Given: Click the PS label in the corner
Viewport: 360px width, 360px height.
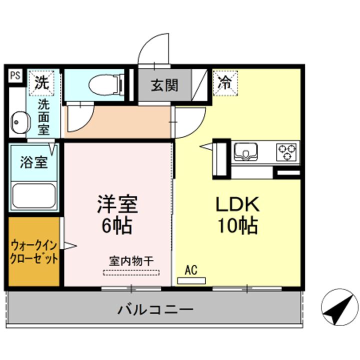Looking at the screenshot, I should [15, 76].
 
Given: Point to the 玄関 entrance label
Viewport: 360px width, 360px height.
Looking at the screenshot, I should [164, 85].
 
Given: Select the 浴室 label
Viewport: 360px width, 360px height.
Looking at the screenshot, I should [33, 162].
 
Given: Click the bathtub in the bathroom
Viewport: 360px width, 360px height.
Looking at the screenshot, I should [33, 195].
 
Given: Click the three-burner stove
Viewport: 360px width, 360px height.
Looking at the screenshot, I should [286, 151].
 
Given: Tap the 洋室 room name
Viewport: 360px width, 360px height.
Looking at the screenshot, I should [117, 203].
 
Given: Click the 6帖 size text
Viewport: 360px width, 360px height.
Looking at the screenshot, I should [117, 226].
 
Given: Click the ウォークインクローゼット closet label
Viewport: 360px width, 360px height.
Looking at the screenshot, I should [34, 252].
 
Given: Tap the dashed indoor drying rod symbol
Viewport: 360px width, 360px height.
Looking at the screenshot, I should [131, 272].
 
